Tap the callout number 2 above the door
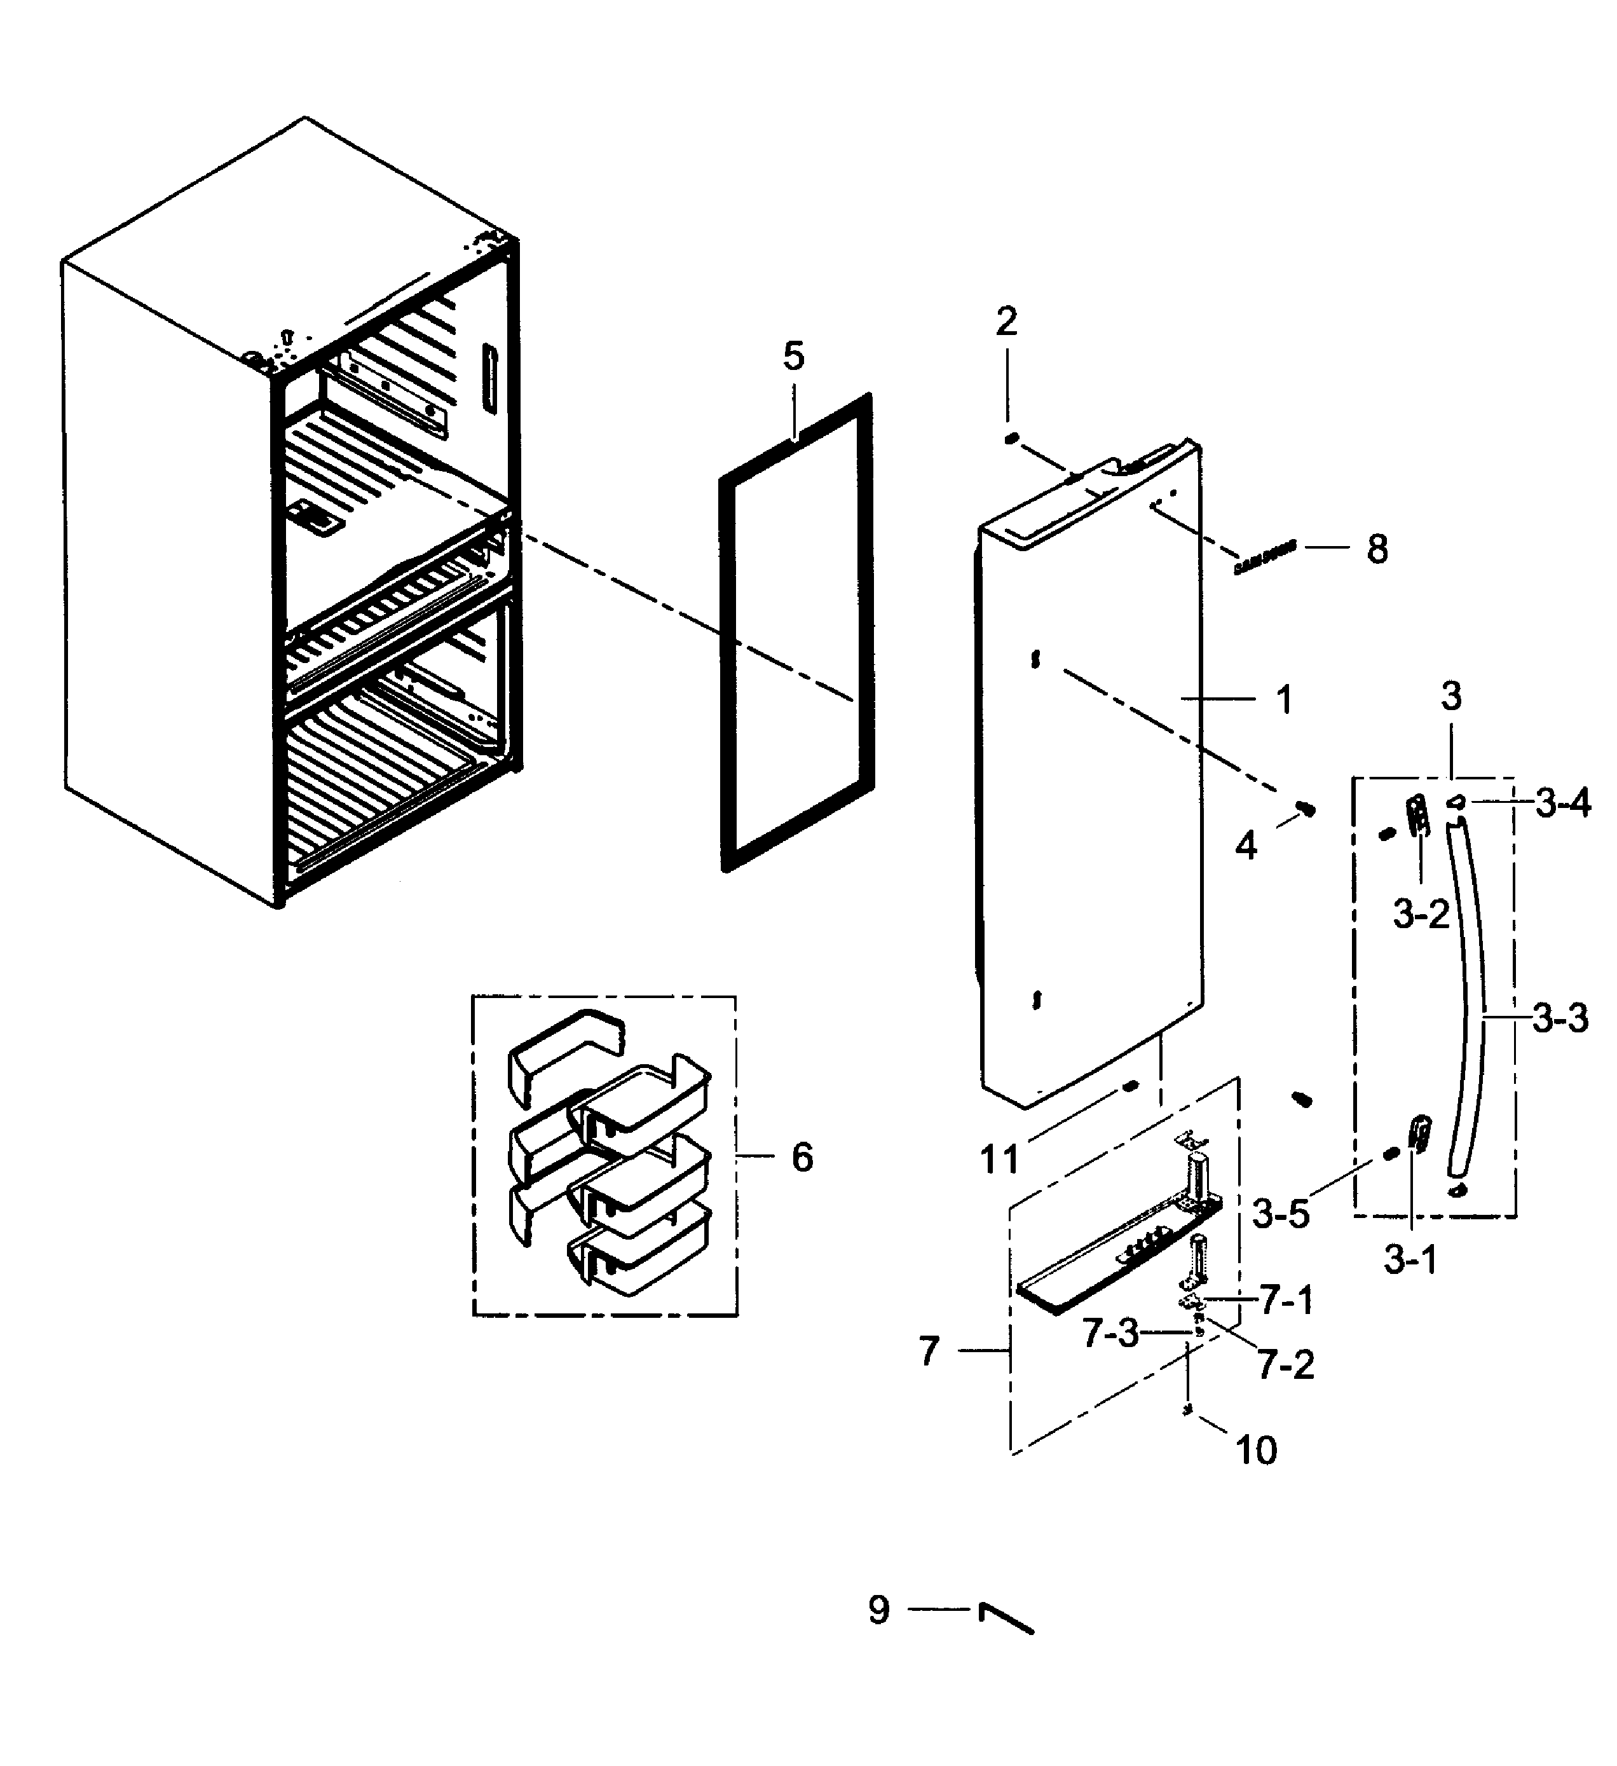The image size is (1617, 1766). [1006, 322]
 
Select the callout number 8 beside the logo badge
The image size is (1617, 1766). [1377, 550]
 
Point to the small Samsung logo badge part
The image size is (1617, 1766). [1264, 557]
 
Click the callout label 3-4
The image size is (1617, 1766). [1563, 802]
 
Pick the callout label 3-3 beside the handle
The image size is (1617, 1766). [1560, 1019]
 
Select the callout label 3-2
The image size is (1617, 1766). [1421, 915]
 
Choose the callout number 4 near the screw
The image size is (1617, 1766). [1246, 846]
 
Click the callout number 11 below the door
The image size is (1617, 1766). [999, 1160]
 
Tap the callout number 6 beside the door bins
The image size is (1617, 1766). [802, 1157]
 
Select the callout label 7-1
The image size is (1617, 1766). [1286, 1301]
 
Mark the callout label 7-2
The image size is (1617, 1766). [1286, 1365]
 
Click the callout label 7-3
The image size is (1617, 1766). [1110, 1333]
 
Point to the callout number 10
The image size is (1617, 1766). [1256, 1451]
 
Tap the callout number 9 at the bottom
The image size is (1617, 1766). [878, 1610]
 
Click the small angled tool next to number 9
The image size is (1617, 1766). [1006, 1618]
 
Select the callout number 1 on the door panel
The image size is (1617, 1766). [1283, 700]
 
